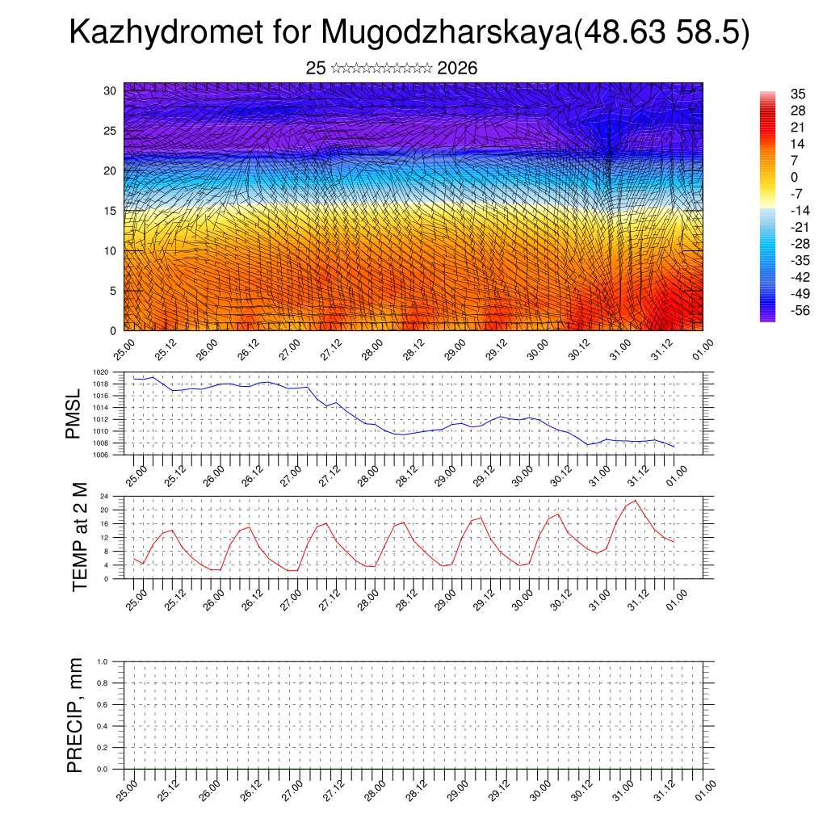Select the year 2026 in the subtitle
tap(457, 69)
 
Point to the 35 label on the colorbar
tap(797, 94)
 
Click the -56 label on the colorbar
tap(799, 310)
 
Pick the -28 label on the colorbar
tap(799, 243)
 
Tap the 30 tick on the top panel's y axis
tap(111, 90)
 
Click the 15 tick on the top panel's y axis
tap(111, 211)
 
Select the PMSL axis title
tap(73, 414)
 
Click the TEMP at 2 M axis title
tap(79, 536)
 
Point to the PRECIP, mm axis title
tap(75, 716)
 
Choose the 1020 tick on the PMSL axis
tap(101, 372)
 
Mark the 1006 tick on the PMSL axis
tap(101, 455)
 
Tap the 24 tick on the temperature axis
tap(105, 496)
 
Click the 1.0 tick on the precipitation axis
tap(103, 661)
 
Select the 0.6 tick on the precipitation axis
tap(103, 705)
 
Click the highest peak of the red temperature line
tap(636, 501)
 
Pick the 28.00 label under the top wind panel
tap(372, 351)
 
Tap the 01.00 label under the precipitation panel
tap(704, 788)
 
